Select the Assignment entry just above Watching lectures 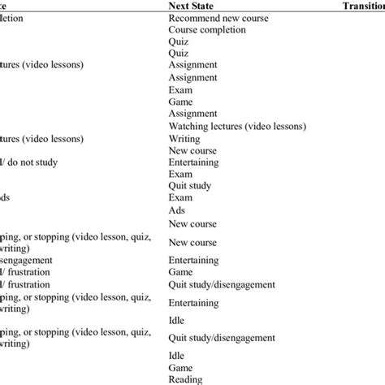[x=193, y=114]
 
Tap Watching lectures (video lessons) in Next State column [x=237, y=126]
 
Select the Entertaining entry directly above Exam [x=196, y=162]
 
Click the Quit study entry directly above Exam [x=190, y=185]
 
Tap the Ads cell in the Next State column [x=176, y=210]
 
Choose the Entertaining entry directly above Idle [x=196, y=302]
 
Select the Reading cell [x=185, y=379]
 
